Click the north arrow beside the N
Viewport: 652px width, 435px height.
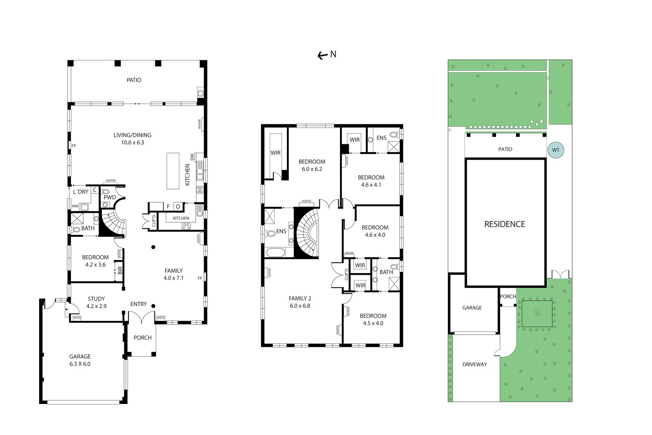point(322,55)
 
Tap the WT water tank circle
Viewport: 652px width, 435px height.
point(556,150)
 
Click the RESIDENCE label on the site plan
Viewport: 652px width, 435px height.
point(505,224)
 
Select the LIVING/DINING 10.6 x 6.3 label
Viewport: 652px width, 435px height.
point(132,139)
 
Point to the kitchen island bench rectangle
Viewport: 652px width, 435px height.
point(173,171)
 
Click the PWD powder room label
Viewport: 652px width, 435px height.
point(110,197)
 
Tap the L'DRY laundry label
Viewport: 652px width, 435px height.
point(81,192)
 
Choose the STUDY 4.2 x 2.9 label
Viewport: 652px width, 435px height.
point(96,303)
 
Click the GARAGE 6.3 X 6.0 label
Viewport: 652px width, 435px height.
point(80,360)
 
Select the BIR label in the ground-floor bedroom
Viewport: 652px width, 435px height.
point(120,270)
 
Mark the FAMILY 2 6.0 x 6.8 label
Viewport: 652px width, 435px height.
point(300,302)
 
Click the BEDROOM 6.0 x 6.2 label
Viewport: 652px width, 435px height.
point(312,166)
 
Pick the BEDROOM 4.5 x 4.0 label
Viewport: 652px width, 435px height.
point(373,319)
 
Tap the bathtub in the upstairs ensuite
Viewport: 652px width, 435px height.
point(275,252)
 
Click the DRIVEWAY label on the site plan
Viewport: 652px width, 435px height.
point(474,364)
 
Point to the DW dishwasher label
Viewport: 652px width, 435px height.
point(192,157)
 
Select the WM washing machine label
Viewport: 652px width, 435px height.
point(75,206)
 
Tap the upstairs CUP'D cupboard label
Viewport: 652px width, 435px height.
point(346,274)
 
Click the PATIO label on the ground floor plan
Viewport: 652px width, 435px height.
point(134,80)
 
